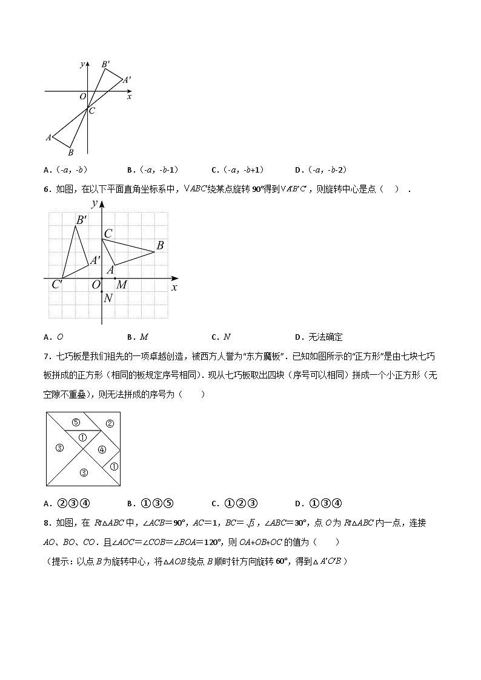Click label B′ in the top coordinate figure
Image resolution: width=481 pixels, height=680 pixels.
[x=106, y=64]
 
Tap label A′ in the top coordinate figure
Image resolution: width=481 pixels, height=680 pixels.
[x=127, y=79]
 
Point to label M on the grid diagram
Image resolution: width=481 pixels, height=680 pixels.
[x=122, y=285]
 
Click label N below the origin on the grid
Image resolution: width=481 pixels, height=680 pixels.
[x=108, y=298]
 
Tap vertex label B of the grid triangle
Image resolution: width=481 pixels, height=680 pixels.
[x=160, y=245]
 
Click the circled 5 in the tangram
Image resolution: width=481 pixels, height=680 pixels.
[x=76, y=422]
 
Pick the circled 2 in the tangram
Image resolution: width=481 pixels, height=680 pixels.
[x=110, y=423]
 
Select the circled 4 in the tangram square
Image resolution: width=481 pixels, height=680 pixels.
[x=102, y=449]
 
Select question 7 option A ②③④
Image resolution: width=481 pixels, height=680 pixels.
[x=67, y=503]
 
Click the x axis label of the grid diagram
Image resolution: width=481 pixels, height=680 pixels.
[x=174, y=287]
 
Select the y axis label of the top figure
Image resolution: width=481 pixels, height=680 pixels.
[x=82, y=64]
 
